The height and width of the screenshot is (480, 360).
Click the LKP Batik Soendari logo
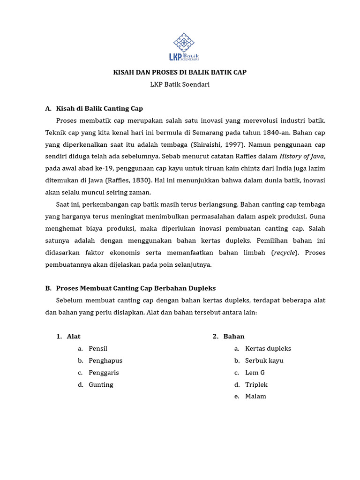click(x=184, y=47)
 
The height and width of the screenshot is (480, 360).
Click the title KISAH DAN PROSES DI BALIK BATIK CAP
click(x=180, y=72)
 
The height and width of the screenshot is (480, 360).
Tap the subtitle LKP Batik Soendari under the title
click(x=180, y=84)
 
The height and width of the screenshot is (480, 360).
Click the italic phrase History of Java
click(x=302, y=157)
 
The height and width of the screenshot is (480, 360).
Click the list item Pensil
click(x=98, y=349)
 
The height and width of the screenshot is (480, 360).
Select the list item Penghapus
click(x=105, y=360)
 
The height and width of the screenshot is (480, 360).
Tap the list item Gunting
click(x=101, y=384)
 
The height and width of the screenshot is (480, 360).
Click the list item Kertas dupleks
click(x=268, y=349)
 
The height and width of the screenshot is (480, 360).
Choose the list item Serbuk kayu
click(x=264, y=360)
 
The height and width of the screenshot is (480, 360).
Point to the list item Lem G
click(x=255, y=373)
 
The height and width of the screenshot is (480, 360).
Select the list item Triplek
click(x=256, y=384)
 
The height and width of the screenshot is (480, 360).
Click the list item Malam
click(x=255, y=397)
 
